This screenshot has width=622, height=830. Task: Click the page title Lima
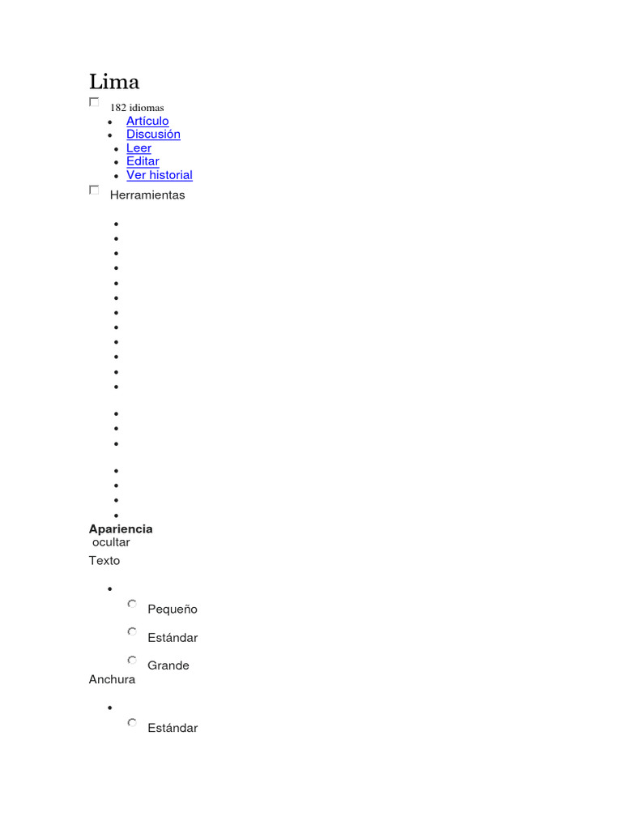tap(114, 82)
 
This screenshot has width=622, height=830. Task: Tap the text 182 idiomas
tap(137, 108)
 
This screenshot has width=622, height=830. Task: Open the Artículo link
tap(147, 121)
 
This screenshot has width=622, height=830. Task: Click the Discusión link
tap(153, 135)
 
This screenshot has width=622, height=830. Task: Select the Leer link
tap(138, 148)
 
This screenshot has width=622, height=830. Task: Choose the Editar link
tap(143, 161)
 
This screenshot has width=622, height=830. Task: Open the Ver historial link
tap(160, 175)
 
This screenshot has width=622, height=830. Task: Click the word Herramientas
tap(147, 195)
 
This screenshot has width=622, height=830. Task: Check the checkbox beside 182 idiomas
tap(94, 102)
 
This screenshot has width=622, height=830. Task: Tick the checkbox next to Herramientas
tap(94, 190)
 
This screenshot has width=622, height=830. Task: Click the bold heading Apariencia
tap(121, 529)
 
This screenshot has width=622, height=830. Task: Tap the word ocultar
tap(111, 542)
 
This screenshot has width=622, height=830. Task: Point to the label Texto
tap(104, 561)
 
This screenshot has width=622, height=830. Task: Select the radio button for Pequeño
tap(132, 604)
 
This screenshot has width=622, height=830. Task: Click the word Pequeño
tap(173, 610)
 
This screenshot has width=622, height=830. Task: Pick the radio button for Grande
tap(132, 660)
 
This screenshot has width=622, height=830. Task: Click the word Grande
tap(168, 665)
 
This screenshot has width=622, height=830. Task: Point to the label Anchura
tap(112, 680)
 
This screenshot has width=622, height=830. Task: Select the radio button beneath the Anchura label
tap(132, 722)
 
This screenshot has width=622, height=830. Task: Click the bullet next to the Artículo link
tap(109, 122)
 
